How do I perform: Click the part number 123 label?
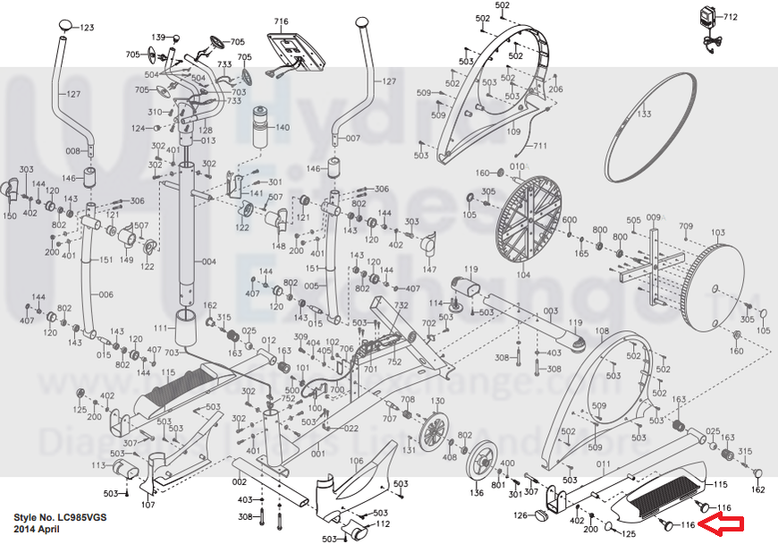87,29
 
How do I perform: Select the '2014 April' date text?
37,530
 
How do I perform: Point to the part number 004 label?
208,262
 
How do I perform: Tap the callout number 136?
477,493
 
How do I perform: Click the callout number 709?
687,225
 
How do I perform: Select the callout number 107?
148,506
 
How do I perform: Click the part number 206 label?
555,89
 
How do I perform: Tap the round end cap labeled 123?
66,24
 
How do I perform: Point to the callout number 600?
569,221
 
